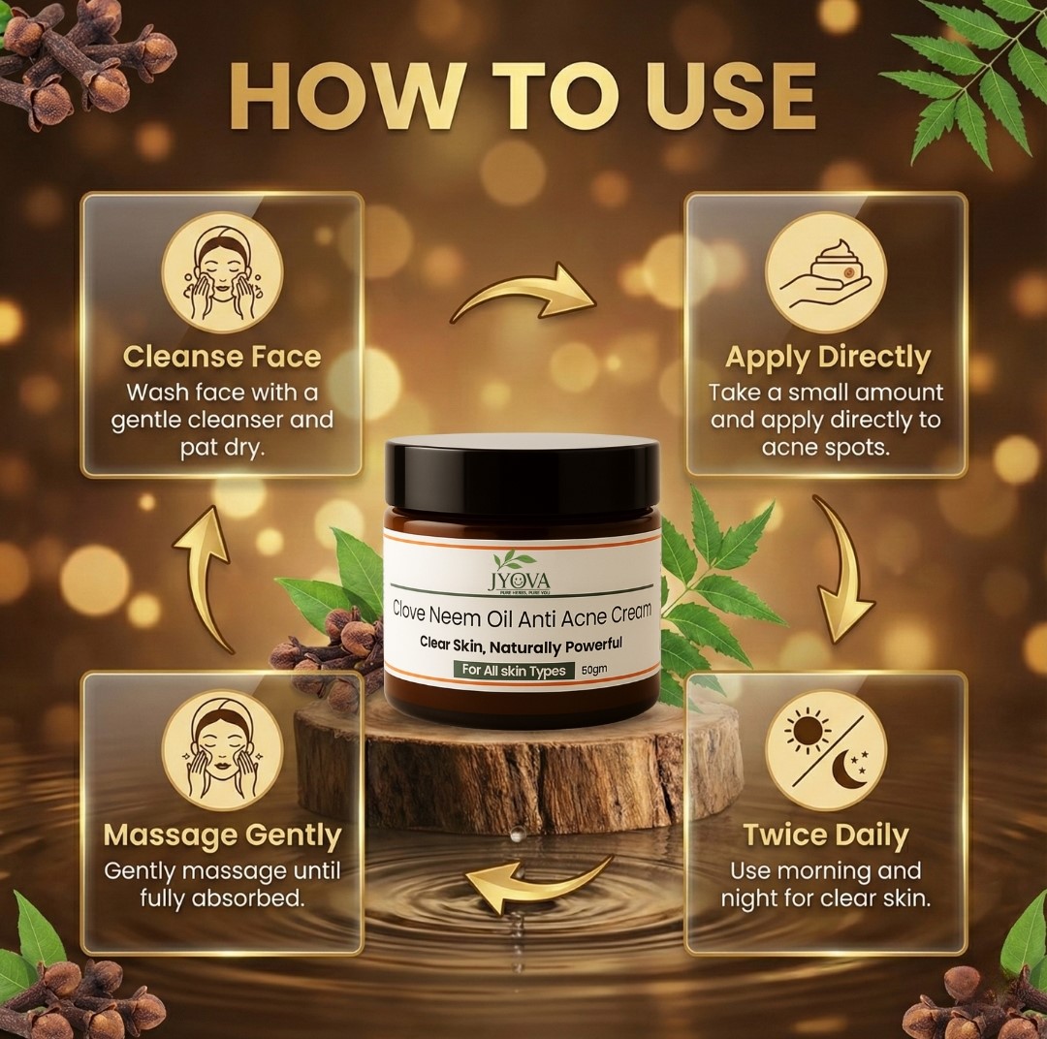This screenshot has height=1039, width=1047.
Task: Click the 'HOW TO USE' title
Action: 523,96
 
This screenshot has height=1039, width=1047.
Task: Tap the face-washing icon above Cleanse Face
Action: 223,273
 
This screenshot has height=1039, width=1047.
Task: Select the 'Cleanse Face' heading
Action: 222,357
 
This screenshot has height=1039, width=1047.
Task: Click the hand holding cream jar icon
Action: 825,273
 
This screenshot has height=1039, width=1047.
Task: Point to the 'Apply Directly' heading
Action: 827,358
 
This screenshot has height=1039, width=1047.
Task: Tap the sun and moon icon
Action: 825,751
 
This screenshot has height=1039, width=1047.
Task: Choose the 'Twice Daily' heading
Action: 826,835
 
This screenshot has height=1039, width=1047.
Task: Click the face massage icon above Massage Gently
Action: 223,751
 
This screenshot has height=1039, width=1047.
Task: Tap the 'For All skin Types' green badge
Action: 514,671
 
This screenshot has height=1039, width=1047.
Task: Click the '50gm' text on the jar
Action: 594,670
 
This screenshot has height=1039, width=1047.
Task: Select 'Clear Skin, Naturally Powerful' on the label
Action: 521,644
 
